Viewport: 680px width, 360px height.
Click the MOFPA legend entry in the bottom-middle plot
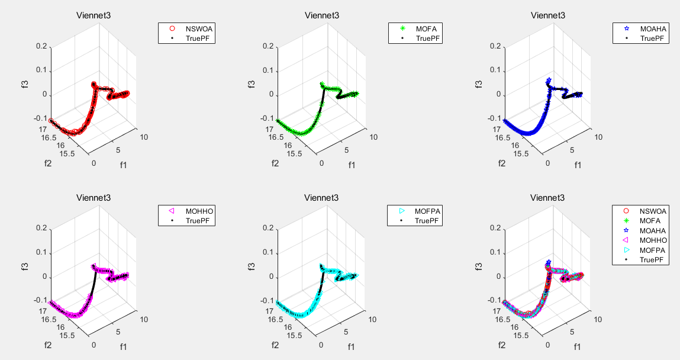click(428, 210)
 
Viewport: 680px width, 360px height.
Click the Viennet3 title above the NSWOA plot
click(93, 16)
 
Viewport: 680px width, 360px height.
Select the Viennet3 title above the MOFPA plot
click(320, 198)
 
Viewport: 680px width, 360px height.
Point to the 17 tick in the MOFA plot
click(269, 128)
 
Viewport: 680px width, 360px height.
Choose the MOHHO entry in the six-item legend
click(653, 240)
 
